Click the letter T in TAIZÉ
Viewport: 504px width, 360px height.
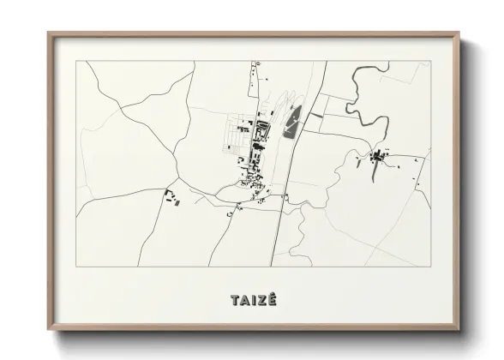pyautogui.click(x=234, y=300)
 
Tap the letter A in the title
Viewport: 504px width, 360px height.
pyautogui.click(x=244, y=300)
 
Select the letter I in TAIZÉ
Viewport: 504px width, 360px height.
pyautogui.click(x=253, y=300)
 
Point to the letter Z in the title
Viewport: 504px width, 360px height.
pyautogui.click(x=261, y=300)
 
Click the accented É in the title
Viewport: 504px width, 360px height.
pyautogui.click(x=272, y=300)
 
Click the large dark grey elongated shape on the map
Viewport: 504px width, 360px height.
pyautogui.click(x=292, y=121)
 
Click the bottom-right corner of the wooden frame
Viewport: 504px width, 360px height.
pyautogui.click(x=460, y=329)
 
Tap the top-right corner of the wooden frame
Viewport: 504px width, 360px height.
pyautogui.click(x=460, y=33)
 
